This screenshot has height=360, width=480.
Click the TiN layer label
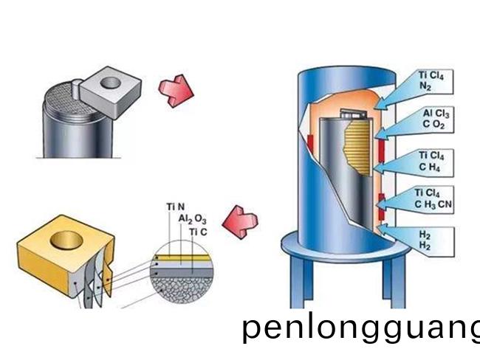pos(174,206)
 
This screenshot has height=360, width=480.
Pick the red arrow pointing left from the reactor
pos(241,220)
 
